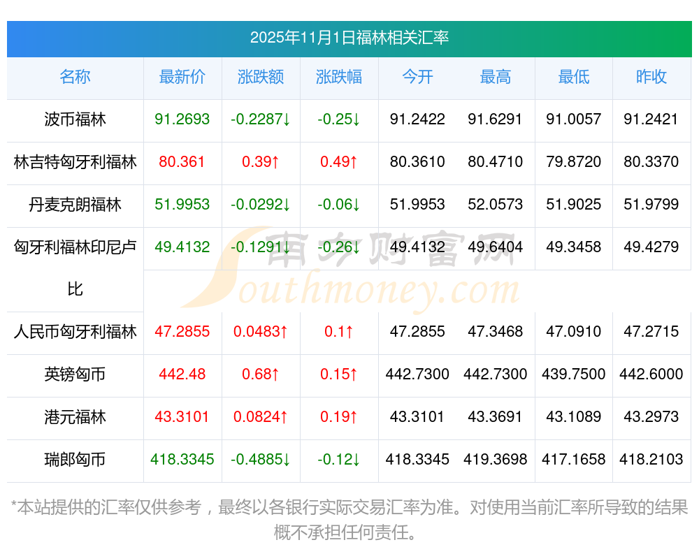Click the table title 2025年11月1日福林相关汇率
pos(349,38)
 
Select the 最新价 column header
pos(182,78)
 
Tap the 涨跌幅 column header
pos(339,78)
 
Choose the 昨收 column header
pos(651,78)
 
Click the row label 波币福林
pos(75,119)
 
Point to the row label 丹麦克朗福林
pos(75,205)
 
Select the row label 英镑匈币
pos(75,374)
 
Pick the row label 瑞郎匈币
pos(75,460)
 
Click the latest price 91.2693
pos(182,119)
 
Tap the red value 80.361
pos(182,162)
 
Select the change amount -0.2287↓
pos(261,119)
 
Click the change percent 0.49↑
pos(339,162)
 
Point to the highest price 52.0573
pos(495,205)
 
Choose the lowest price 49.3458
pos(573,247)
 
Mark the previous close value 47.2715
pos(651,332)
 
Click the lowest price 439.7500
pos(573,374)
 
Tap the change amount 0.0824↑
pos(261,417)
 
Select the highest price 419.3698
pos(495,460)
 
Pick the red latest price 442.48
pos(182,374)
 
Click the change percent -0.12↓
pos(339,460)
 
